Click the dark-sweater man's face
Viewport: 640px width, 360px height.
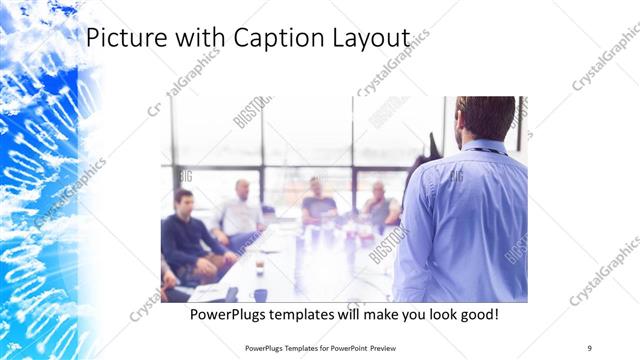pyautogui.click(x=184, y=201)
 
